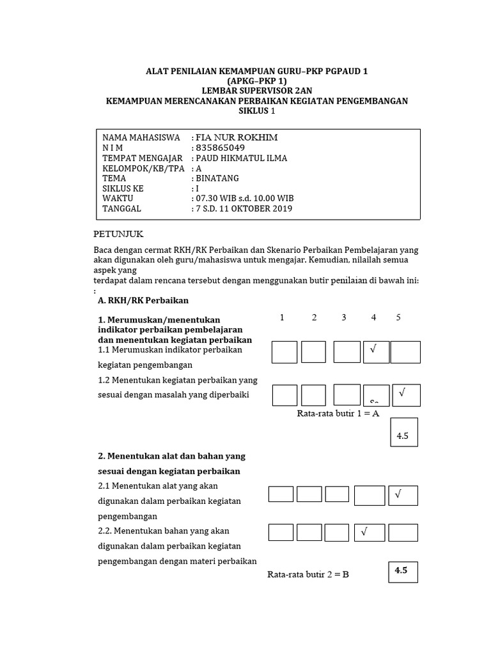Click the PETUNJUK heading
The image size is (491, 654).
[123, 234]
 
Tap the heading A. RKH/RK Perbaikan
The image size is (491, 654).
[143, 300]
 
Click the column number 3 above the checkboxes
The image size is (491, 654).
[343, 317]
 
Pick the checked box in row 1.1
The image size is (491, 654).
[376, 352]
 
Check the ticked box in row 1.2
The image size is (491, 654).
[405, 395]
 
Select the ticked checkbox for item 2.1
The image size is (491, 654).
[403, 496]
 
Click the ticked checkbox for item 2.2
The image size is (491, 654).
[369, 533]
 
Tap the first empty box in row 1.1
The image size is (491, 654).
[284, 352]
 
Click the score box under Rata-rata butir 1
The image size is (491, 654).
[403, 436]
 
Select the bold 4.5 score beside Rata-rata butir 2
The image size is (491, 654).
[403, 572]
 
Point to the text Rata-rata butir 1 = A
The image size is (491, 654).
[338, 413]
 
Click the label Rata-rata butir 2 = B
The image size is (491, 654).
[308, 574]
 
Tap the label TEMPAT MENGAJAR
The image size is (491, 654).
[143, 158]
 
